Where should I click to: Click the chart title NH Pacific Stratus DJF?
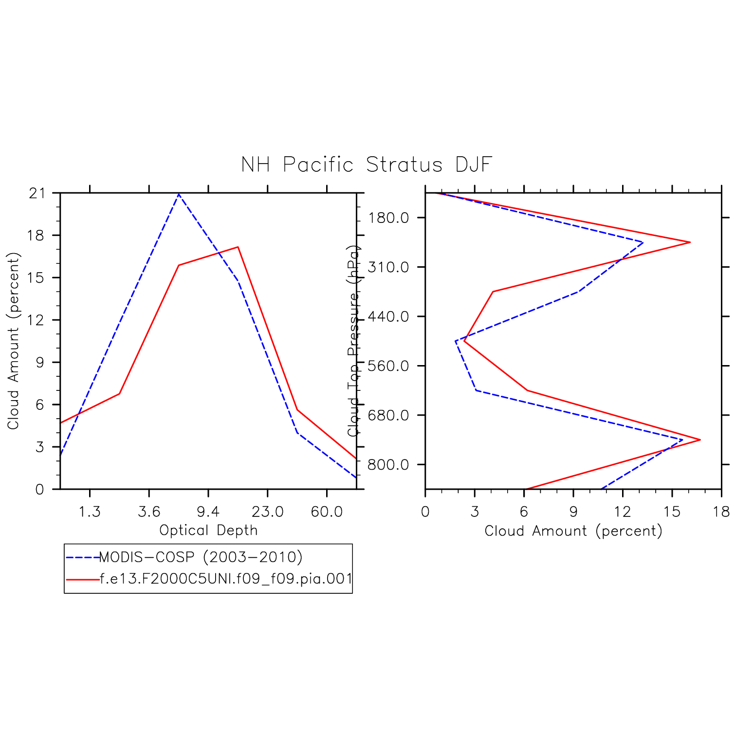[x=367, y=165]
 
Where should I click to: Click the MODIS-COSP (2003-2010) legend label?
[x=201, y=557]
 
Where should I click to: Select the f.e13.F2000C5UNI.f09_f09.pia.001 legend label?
[x=226, y=579]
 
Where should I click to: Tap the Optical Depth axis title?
[x=208, y=530]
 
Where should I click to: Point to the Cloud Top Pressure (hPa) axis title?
[x=354, y=341]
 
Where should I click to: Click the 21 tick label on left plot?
[x=37, y=193]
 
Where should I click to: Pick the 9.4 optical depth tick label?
[x=208, y=512]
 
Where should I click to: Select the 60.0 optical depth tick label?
[x=327, y=512]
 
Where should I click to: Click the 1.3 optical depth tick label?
[x=90, y=512]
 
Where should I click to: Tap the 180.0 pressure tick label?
[x=388, y=218]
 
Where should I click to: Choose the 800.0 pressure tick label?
[x=388, y=465]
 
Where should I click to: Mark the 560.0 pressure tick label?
[x=388, y=366]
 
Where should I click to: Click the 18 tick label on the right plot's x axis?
[x=721, y=512]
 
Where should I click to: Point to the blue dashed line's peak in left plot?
[x=179, y=194]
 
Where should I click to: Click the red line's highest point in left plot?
[x=238, y=247]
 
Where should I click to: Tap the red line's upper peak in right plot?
[x=690, y=242]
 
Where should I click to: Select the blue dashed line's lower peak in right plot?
[x=682, y=440]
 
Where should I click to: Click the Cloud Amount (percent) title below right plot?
[x=573, y=531]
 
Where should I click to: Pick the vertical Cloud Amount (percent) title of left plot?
[x=13, y=341]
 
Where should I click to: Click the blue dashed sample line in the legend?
[x=82, y=557]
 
